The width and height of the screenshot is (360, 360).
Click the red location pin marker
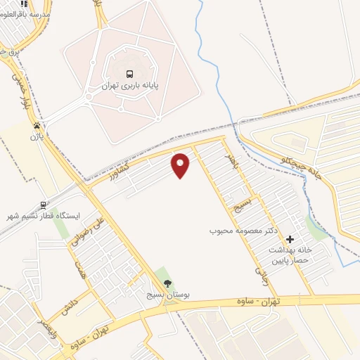[x=181, y=165]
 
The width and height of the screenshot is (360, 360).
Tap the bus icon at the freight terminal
[x=129, y=74]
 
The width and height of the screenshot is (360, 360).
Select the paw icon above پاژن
[x=36, y=125]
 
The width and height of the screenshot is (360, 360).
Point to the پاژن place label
[x=36, y=136]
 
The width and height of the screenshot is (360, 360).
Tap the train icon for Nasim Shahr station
[x=44, y=205]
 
